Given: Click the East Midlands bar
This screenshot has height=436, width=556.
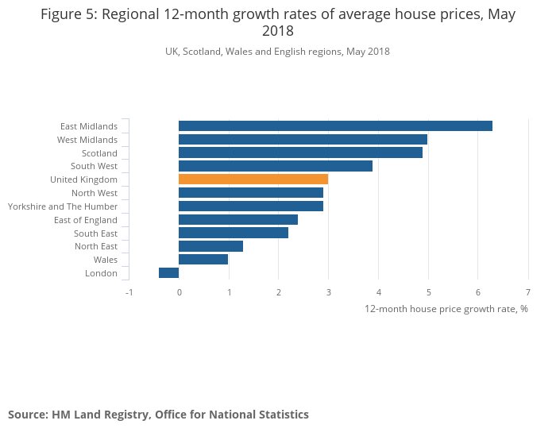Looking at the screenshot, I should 335,125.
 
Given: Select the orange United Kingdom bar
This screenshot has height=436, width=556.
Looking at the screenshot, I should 253,179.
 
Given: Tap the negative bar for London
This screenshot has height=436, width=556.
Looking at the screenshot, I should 168,273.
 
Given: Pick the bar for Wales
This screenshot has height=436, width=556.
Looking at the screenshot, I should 203,260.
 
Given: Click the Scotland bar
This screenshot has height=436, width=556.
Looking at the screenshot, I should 300,152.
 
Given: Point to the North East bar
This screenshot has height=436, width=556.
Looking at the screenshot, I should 210,246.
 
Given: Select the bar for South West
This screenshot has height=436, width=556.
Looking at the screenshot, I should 276,166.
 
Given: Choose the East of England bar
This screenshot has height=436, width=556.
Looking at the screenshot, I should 238,220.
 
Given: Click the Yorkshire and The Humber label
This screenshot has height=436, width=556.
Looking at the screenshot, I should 63,206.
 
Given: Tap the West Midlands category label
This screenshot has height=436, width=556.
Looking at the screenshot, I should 87,140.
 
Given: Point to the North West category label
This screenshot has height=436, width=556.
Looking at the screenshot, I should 95,193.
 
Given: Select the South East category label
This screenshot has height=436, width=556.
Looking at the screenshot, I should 95,233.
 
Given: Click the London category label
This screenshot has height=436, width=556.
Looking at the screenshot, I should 101,273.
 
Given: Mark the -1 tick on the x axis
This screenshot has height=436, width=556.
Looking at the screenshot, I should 129,292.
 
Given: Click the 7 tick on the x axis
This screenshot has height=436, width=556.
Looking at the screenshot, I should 527,292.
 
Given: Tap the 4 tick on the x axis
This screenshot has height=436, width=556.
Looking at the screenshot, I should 378,292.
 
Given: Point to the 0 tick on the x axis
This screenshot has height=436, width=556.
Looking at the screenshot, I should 179,292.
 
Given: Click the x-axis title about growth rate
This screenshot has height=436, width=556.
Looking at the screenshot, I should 446,309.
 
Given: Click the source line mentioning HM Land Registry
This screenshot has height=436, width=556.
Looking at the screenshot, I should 158,415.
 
